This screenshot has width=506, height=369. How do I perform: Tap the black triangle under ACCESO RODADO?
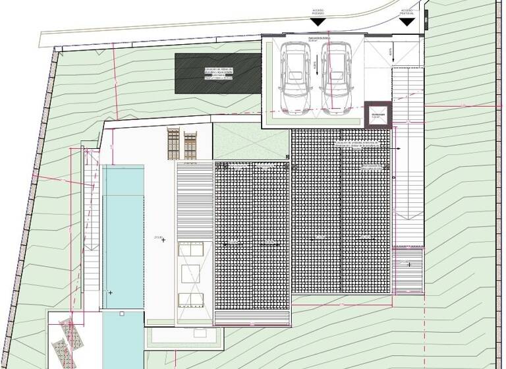(318, 21)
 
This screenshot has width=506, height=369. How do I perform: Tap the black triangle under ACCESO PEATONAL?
(407, 21)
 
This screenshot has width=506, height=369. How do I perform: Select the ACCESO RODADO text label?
(318, 11)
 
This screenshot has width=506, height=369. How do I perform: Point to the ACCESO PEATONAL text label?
(407, 13)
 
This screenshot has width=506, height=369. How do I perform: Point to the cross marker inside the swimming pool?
(111, 292)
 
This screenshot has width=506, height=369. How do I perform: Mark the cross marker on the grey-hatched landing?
(409, 264)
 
